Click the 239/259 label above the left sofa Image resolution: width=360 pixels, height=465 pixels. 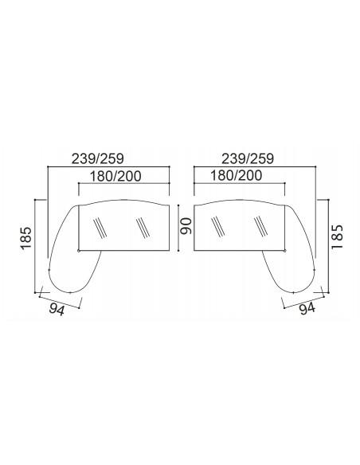pos(97,158)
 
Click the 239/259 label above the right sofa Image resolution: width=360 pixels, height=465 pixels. pos(248,158)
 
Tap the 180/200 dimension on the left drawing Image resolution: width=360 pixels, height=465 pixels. pos(115,176)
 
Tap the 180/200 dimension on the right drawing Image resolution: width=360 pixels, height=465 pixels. pos(236,175)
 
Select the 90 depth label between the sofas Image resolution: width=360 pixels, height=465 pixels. pos(186,226)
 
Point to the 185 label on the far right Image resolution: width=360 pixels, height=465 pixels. pos(337,237)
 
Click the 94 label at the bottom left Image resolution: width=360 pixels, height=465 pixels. pos(57,310)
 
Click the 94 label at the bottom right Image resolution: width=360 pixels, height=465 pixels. pos(307,309)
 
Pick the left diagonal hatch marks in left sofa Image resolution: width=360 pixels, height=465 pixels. pos(100,228)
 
